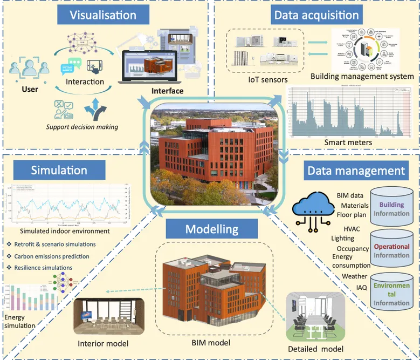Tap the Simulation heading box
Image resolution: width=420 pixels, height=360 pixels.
59,170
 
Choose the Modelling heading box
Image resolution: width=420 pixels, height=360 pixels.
211,228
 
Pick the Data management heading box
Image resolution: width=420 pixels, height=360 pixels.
355,171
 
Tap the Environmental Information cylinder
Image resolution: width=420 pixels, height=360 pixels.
393,293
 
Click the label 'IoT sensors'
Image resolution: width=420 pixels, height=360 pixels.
264,79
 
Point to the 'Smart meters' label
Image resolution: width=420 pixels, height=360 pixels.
348,142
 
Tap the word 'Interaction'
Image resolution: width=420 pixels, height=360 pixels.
85,82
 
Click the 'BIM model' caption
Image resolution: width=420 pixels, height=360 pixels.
211,342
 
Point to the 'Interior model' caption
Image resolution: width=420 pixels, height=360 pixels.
102,343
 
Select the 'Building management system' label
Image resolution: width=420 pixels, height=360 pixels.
362,76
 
